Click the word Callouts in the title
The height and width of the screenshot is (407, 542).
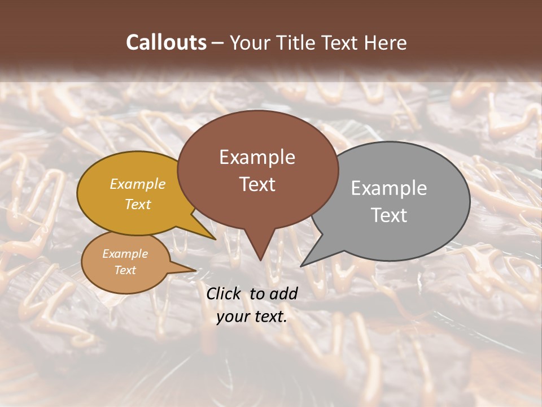click(166, 42)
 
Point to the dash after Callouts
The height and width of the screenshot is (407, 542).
click(218, 43)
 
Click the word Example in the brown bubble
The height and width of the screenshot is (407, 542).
click(257, 157)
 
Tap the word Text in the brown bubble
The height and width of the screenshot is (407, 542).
click(257, 184)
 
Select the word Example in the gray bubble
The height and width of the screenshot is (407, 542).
click(388, 188)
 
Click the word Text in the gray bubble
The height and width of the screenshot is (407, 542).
click(388, 215)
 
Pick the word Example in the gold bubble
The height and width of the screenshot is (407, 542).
click(138, 184)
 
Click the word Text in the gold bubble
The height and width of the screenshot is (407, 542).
click(138, 204)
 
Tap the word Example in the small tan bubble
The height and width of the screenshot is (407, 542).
click(125, 254)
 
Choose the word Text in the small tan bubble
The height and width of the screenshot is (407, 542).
click(125, 270)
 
